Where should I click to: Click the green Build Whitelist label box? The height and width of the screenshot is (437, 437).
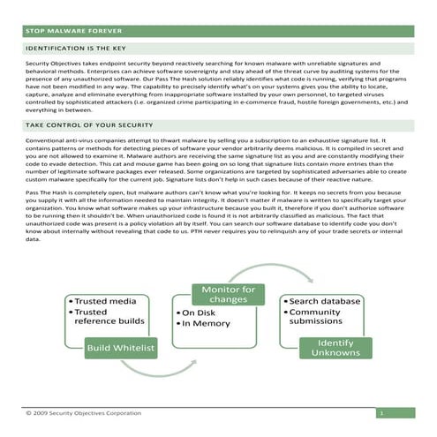click(121, 350)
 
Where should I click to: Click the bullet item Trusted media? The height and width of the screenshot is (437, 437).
click(107, 302)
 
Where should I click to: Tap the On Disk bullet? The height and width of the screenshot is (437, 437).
click(200, 313)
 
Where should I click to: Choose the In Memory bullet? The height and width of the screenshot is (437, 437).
click(207, 324)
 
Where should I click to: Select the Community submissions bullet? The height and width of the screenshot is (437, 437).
click(319, 317)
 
